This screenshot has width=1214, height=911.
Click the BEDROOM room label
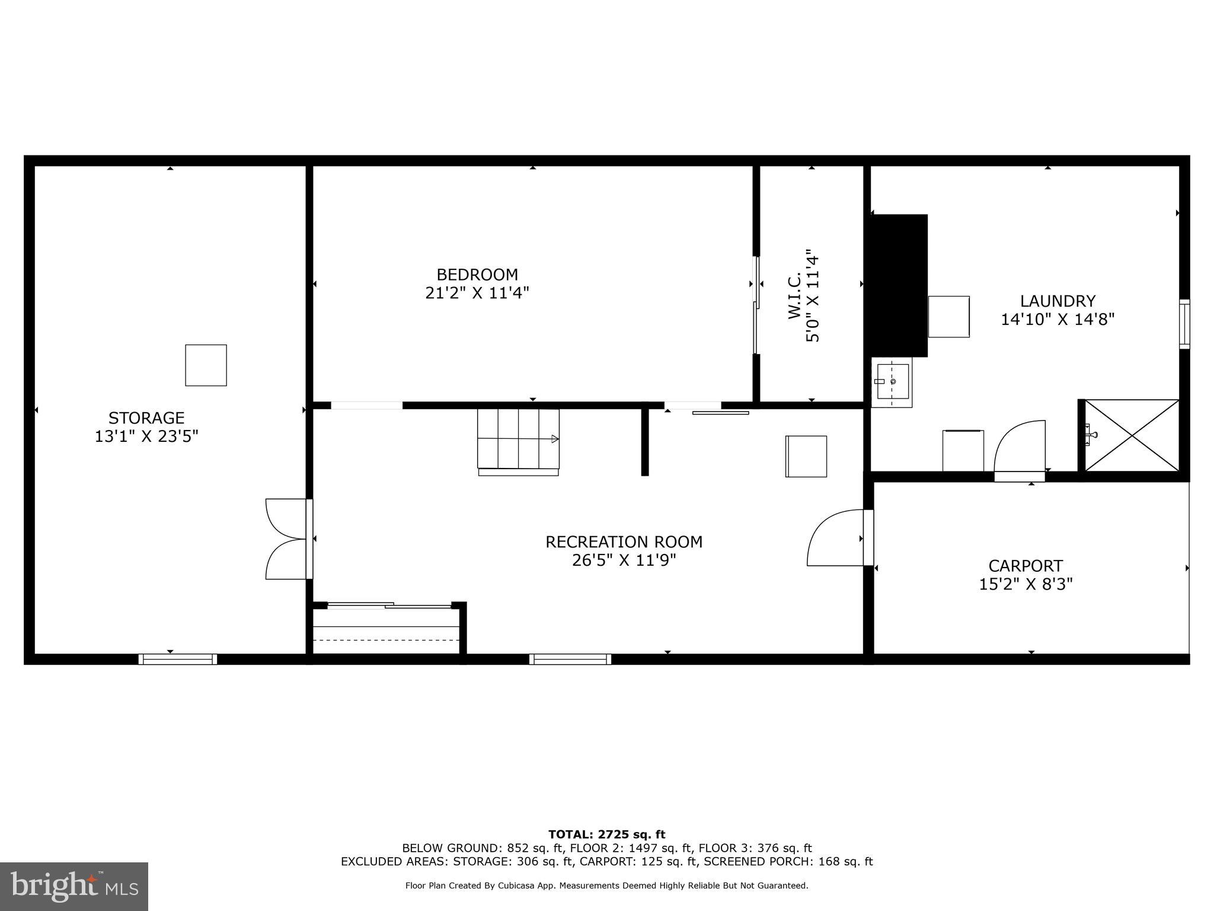click(x=477, y=275)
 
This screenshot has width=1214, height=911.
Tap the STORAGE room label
click(x=146, y=418)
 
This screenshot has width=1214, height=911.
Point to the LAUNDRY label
click(x=1058, y=301)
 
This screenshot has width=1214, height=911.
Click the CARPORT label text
click(x=1025, y=566)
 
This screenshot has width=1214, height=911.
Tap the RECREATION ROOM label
click(x=624, y=542)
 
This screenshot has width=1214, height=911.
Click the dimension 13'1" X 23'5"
click(x=146, y=437)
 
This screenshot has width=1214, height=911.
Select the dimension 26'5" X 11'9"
click(x=624, y=560)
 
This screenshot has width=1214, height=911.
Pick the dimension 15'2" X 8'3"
click(x=1025, y=584)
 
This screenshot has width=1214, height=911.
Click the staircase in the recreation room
click(x=518, y=439)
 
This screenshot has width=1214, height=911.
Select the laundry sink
click(x=892, y=383)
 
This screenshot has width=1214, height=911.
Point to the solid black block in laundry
click(x=898, y=285)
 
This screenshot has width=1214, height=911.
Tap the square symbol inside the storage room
click(x=206, y=365)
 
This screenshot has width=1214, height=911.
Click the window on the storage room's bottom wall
click(x=178, y=659)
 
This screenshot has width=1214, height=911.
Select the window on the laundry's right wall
click(x=1184, y=324)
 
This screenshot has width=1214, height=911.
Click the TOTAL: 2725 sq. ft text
click(x=606, y=834)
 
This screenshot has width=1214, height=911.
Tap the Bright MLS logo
click(x=74, y=887)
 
